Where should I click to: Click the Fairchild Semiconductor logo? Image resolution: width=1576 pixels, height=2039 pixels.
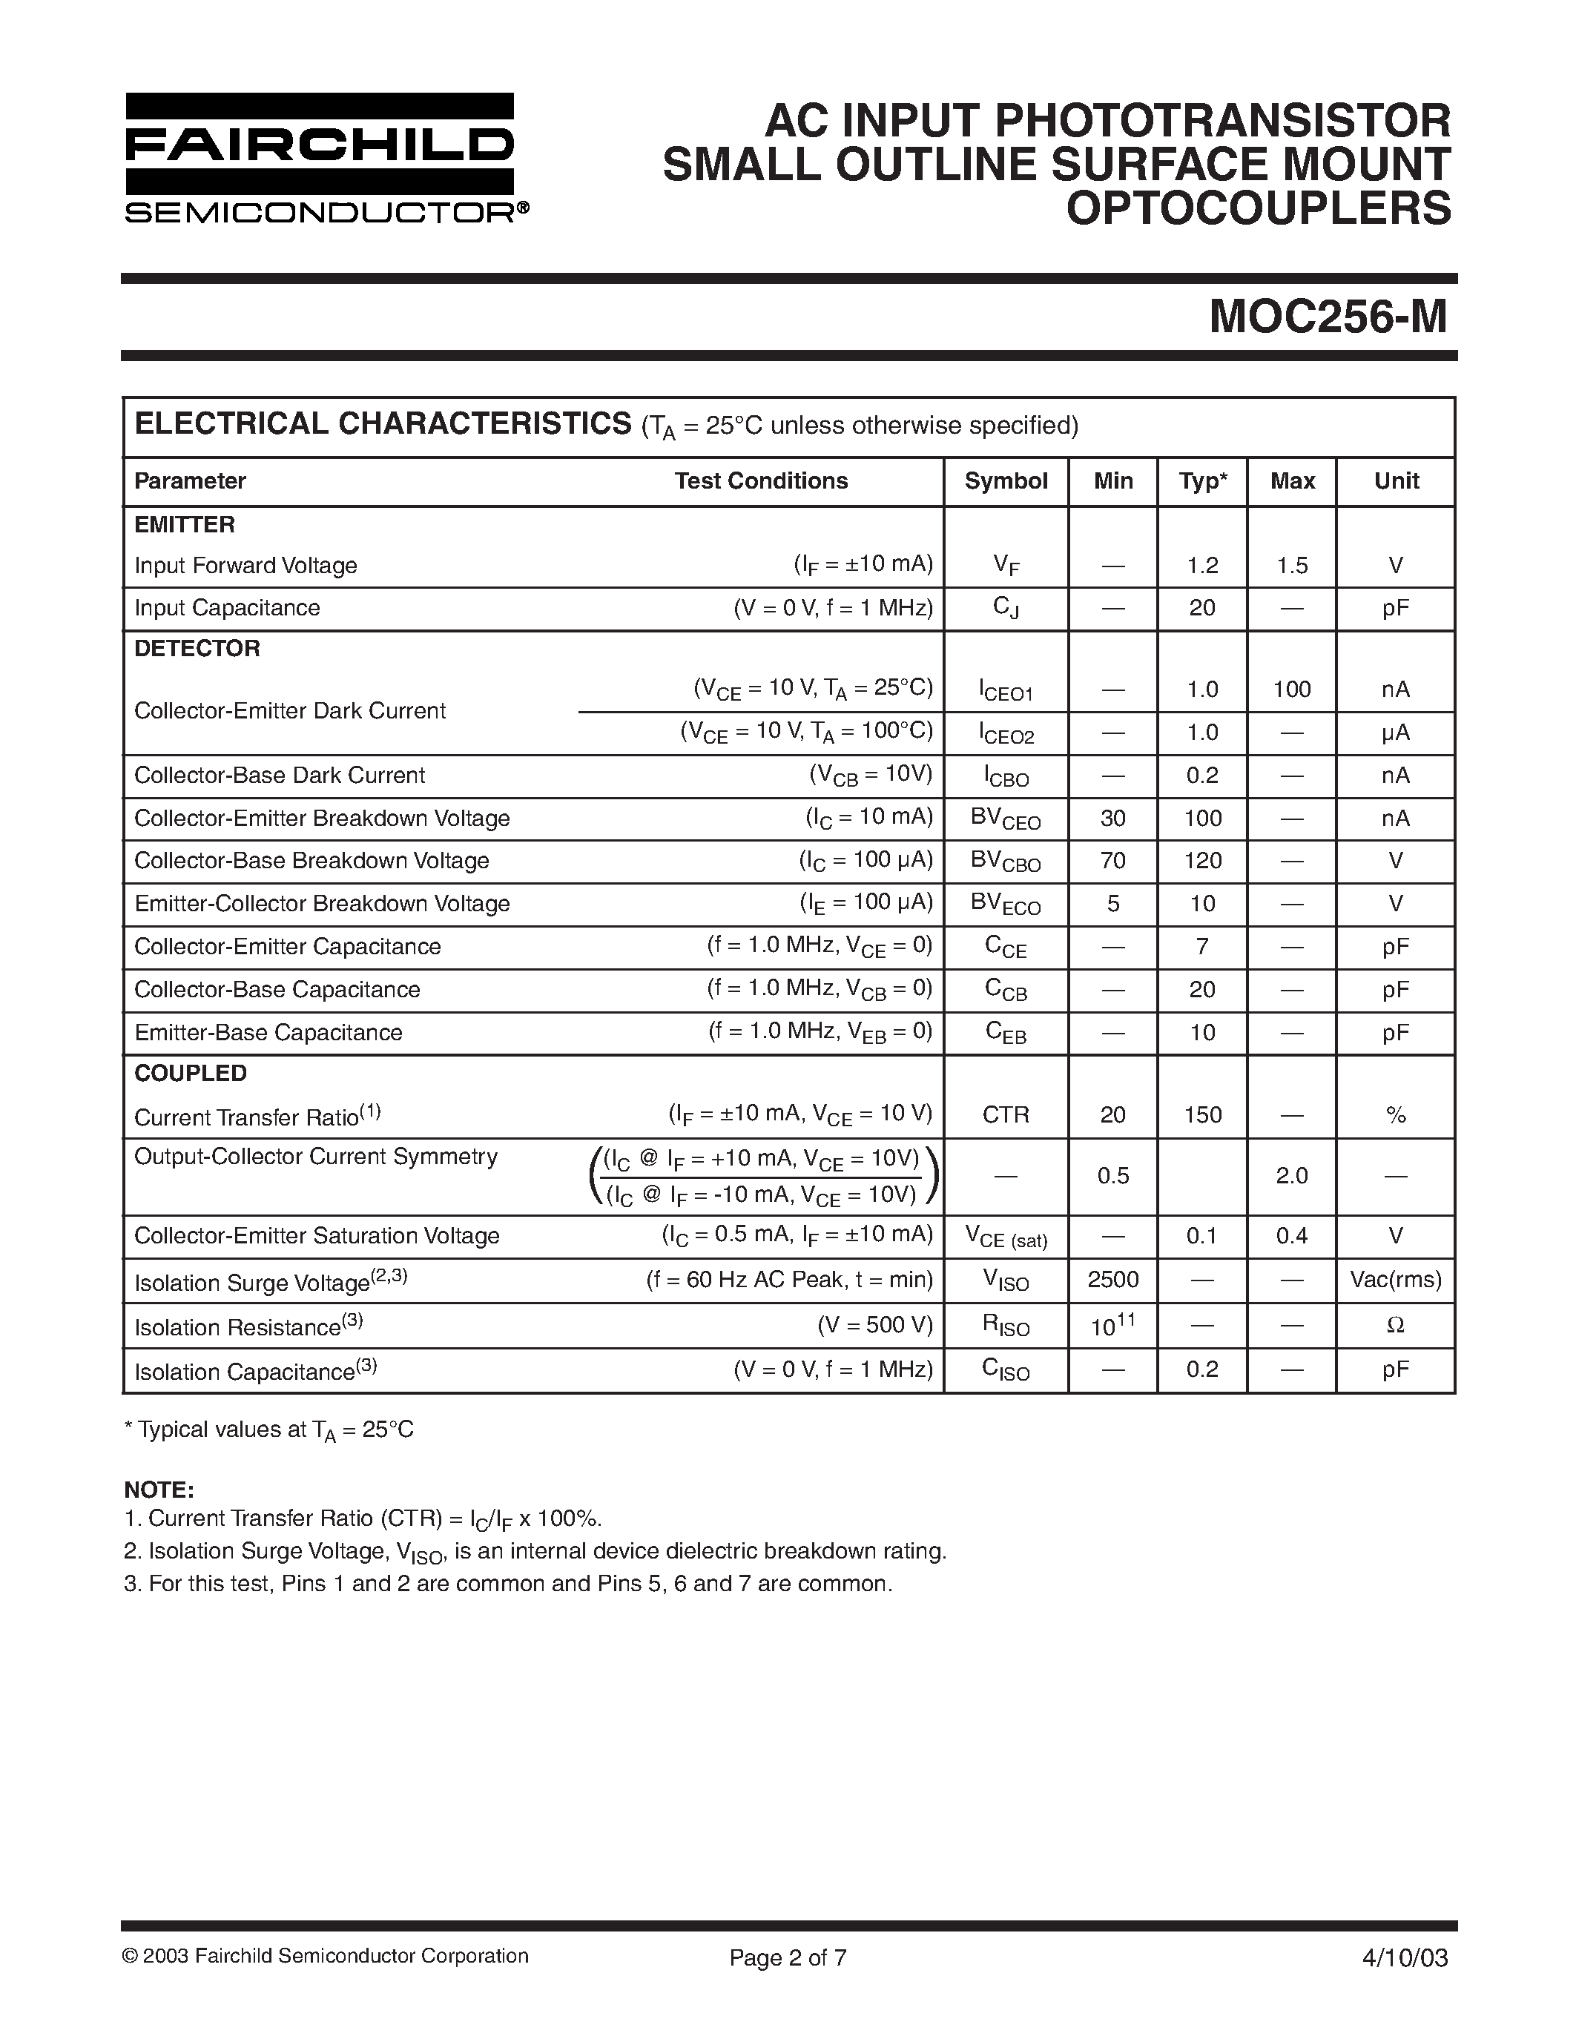coord(320,158)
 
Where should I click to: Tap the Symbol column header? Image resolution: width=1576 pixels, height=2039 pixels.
coord(1006,480)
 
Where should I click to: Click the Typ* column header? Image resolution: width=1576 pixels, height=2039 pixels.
coord(1202,480)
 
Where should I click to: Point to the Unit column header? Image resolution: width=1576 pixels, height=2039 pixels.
coord(1396,480)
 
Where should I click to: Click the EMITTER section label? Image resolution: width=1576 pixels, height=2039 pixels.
coord(184,525)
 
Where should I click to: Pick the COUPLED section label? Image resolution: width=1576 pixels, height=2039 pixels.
coord(191,1073)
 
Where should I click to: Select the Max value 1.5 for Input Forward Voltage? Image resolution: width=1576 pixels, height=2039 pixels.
coord(1292,566)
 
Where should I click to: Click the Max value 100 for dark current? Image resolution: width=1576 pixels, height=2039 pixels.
coord(1292,689)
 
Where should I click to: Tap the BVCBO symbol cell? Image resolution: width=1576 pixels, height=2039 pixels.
coord(1006,861)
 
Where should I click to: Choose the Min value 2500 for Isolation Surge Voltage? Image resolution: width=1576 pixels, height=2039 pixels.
coord(1113,1279)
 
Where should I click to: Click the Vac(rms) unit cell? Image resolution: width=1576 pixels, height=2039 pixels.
coord(1396,1279)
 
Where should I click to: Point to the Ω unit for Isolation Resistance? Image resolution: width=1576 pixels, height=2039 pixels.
coord(1396,1325)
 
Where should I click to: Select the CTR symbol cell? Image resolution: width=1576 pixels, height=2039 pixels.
coord(1006,1114)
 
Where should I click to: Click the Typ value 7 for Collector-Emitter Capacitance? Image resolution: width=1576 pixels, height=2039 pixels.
coord(1202,947)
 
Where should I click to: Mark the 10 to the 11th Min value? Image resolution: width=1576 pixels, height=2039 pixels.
coord(1113,1325)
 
